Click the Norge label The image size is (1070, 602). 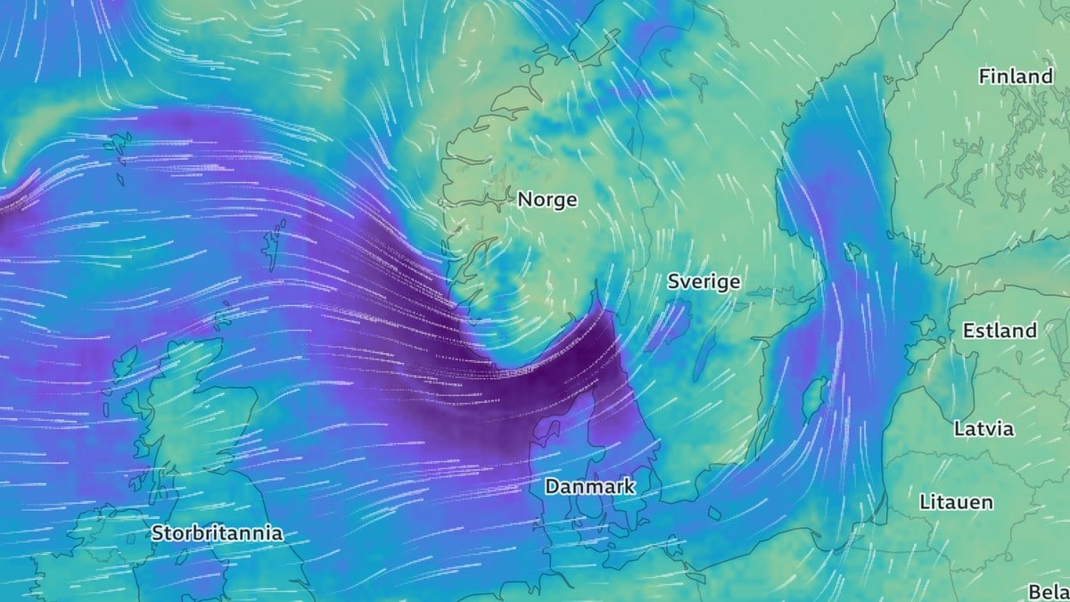547,200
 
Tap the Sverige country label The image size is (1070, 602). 704,282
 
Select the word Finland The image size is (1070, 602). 1016,77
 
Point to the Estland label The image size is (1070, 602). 1000,330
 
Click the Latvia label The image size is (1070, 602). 984,428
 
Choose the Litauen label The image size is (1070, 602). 956,502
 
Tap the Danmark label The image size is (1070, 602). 589,486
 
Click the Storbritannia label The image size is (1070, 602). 217,533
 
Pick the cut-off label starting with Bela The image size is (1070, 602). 1049,591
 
